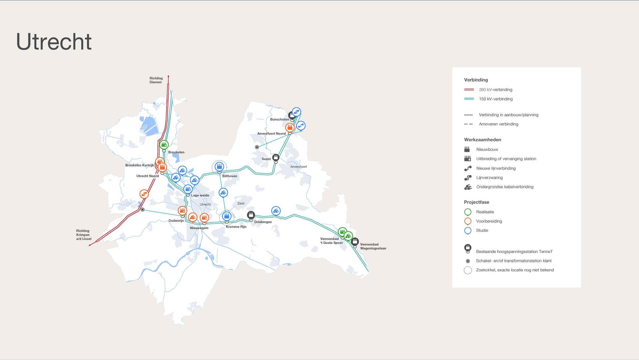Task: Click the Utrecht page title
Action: (x=54, y=42)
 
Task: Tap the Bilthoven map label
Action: (x=230, y=176)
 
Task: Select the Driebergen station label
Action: (x=263, y=222)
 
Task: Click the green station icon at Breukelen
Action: (x=164, y=145)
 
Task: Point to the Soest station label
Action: (x=266, y=159)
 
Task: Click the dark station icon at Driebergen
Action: (x=251, y=215)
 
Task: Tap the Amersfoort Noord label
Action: (x=271, y=134)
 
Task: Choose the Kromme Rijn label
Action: (x=236, y=227)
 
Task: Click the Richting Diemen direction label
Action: (x=156, y=80)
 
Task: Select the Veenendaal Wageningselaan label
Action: (x=373, y=246)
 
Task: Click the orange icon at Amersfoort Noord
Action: (x=290, y=127)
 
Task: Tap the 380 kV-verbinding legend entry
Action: (x=495, y=90)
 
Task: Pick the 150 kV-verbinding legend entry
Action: (x=496, y=99)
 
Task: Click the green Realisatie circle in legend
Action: (x=468, y=212)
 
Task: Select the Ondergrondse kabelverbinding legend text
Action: (x=505, y=187)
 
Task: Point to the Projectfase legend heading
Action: (x=476, y=202)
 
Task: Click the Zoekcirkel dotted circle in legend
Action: (x=468, y=270)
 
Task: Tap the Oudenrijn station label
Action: (x=176, y=221)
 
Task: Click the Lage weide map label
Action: (x=200, y=195)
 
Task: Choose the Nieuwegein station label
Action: (x=199, y=228)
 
